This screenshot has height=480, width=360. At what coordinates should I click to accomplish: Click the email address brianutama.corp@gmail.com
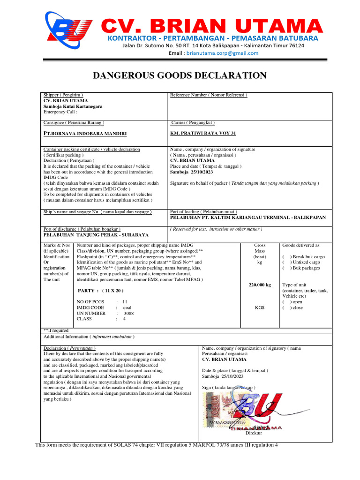coord(222,53)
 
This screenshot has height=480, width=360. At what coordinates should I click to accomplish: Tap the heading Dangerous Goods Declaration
coord(180,76)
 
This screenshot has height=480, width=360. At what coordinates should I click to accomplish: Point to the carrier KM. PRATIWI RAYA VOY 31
coord(203,134)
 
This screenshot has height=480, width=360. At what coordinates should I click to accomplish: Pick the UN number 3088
coord(129,313)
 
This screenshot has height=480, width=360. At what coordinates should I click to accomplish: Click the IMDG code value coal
coord(127,307)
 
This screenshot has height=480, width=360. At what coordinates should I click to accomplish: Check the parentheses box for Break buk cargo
coord(285,257)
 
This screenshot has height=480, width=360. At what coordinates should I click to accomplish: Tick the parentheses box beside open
coord(285,302)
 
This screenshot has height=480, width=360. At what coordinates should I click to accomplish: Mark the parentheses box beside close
coord(285,307)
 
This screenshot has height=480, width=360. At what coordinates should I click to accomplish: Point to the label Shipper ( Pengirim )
coord(63,95)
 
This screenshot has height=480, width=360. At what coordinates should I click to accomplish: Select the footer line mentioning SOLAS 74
coord(157,445)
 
